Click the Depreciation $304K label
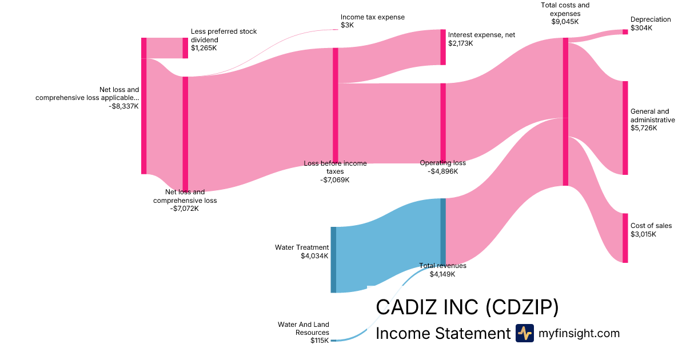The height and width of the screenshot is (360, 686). click(x=651, y=23)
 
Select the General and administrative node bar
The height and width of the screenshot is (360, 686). click(x=625, y=128)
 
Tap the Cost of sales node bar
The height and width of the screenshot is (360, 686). click(x=625, y=238)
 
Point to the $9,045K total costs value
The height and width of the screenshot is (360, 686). click(x=565, y=22)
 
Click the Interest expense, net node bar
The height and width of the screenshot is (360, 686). click(x=443, y=47)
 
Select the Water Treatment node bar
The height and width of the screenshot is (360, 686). click(x=333, y=259)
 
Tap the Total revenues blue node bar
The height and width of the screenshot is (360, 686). click(x=443, y=231)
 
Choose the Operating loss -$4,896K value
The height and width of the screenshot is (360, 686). click(x=442, y=171)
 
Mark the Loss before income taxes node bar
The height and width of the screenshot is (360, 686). click(x=336, y=105)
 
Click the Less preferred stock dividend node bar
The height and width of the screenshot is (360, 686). click(x=185, y=48)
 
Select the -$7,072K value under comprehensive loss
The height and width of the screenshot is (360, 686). click(x=185, y=209)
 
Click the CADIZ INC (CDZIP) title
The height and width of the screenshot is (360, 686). click(x=466, y=307)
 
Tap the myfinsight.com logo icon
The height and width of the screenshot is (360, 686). click(x=524, y=333)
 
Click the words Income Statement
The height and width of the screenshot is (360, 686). click(x=442, y=333)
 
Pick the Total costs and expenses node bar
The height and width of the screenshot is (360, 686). click(x=565, y=111)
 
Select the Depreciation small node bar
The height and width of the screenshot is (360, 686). click(x=625, y=32)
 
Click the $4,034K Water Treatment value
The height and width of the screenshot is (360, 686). click(x=314, y=256)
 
